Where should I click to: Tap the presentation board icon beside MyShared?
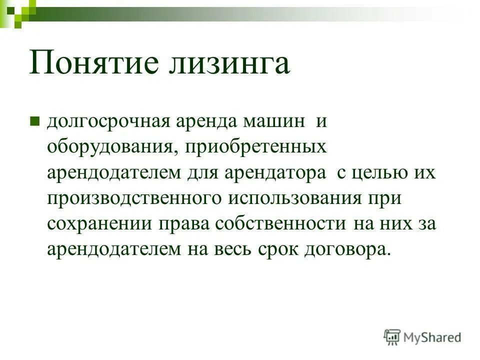tap(392, 337)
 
